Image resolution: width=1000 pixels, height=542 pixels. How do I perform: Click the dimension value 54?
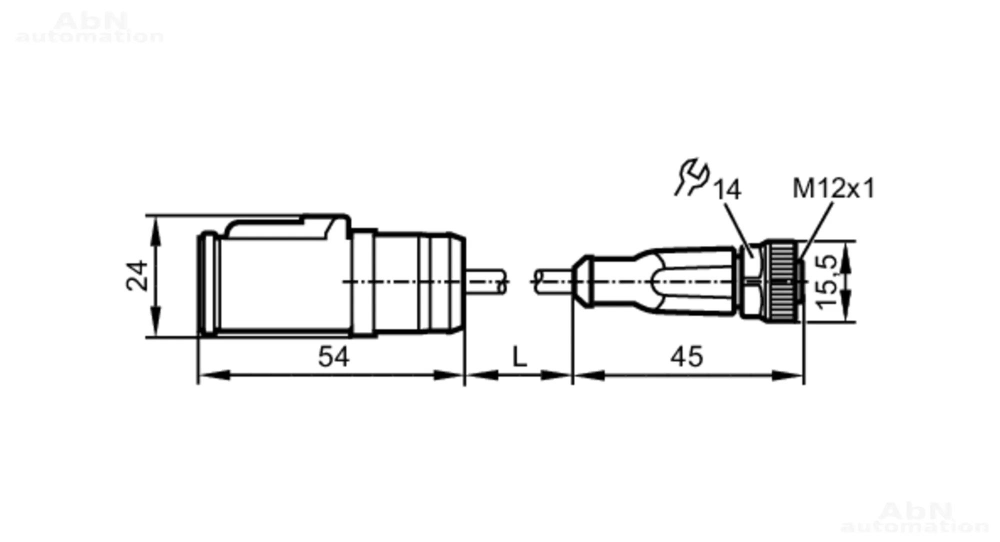tap(333, 357)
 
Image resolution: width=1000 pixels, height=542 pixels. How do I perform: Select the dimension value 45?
tap(686, 357)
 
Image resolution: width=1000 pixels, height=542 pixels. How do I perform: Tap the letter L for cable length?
tap(519, 357)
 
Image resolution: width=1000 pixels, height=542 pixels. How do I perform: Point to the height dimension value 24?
tap(137, 275)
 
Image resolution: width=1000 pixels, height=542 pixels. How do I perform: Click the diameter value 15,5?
tap(826, 281)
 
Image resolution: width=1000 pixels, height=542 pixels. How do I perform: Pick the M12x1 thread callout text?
tap(833, 188)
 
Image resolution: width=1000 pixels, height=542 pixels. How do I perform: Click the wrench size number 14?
tap(726, 190)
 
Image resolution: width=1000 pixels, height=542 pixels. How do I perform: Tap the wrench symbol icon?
tap(692, 177)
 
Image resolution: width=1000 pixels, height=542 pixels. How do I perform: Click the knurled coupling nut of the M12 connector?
tap(782, 281)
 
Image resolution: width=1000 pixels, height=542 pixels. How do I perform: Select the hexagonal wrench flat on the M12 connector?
tap(750, 281)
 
